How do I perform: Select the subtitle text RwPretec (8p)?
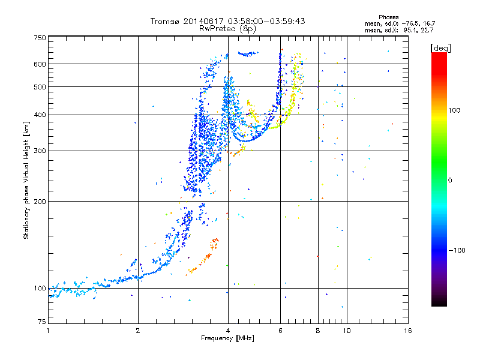[227, 29]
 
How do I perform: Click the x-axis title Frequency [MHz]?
[227, 338]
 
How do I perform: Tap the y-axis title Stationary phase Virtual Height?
[26, 180]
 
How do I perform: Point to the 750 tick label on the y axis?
[40, 38]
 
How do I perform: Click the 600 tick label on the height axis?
[40, 64]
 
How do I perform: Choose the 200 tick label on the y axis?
[40, 202]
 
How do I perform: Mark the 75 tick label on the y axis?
[42, 322]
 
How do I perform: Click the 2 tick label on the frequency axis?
[138, 331]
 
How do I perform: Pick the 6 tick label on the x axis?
[280, 331]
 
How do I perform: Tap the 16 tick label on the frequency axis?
[408, 331]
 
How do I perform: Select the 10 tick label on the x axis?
[347, 331]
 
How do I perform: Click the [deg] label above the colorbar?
[440, 49]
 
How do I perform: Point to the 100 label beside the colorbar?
[454, 110]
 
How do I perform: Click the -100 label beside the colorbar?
[457, 250]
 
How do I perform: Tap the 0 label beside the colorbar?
[450, 181]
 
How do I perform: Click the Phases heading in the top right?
[388, 17]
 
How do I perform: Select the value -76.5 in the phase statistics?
[410, 23]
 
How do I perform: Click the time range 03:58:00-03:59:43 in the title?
[266, 21]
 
